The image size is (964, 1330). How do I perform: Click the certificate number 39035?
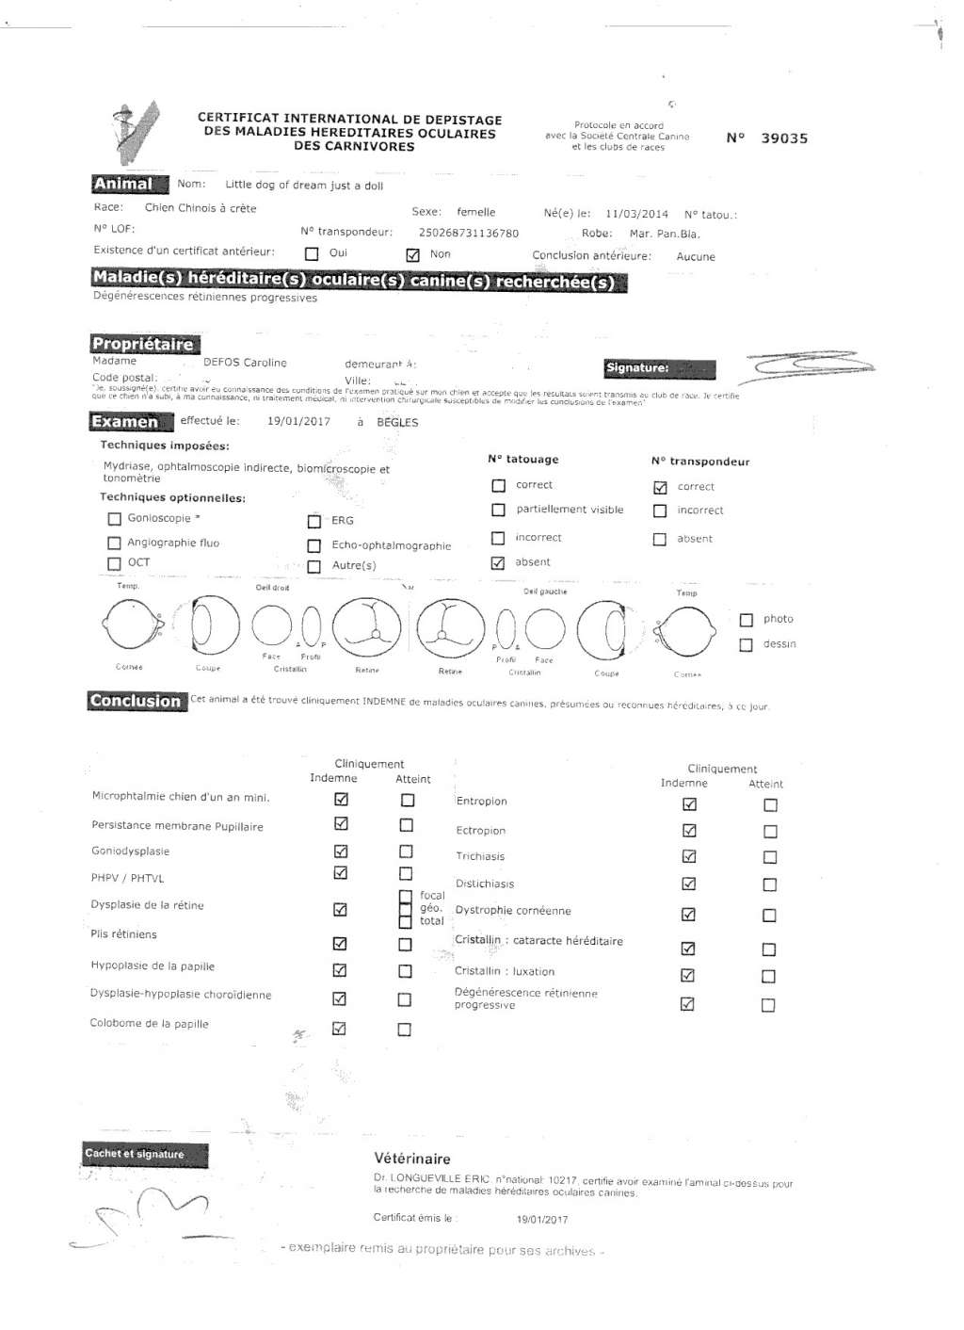point(783,138)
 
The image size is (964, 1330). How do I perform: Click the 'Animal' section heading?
point(123,184)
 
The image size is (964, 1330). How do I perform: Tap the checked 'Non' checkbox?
point(412,254)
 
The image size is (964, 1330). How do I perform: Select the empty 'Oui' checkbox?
point(312,253)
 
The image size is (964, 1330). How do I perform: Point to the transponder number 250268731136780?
point(468,233)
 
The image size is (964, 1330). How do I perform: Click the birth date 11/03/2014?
point(636,214)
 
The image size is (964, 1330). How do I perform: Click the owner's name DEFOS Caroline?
point(245,363)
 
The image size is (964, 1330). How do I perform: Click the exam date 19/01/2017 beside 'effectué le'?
point(298,421)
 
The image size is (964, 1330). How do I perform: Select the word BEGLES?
point(397,422)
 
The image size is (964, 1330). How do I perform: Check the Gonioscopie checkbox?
point(115,518)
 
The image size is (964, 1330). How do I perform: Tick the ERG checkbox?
point(314,521)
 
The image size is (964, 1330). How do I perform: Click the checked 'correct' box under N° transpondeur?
point(660,487)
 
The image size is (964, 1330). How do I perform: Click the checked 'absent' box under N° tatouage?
point(498,562)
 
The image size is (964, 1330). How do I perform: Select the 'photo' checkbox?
point(747,620)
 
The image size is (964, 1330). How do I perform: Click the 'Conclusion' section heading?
point(136,701)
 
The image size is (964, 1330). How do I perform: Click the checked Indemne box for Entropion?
point(689,804)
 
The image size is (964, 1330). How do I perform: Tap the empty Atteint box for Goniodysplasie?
point(406,851)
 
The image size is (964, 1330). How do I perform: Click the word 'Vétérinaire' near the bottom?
point(412,1159)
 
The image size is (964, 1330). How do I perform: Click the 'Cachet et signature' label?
point(135,1154)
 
